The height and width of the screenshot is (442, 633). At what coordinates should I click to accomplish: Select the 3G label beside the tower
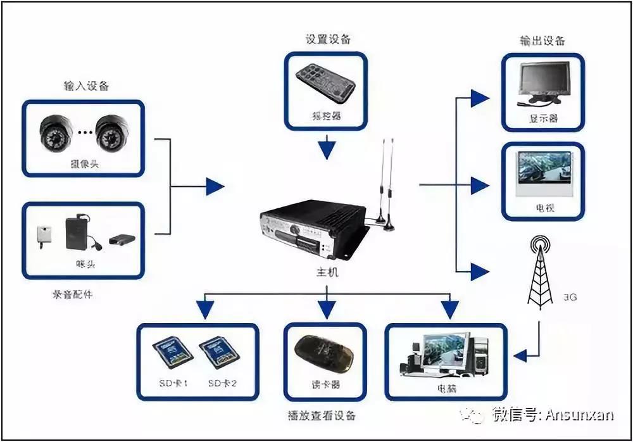[570, 296]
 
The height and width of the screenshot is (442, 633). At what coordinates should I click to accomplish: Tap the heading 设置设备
[327, 39]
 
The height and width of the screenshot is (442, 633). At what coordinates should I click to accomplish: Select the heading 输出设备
[542, 41]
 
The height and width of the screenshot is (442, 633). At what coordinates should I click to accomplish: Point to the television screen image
[544, 174]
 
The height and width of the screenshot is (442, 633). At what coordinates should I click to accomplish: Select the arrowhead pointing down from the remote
[327, 151]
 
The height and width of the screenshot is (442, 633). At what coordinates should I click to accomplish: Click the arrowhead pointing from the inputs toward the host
[216, 186]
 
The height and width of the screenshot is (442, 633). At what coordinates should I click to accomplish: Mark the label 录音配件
[72, 294]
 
